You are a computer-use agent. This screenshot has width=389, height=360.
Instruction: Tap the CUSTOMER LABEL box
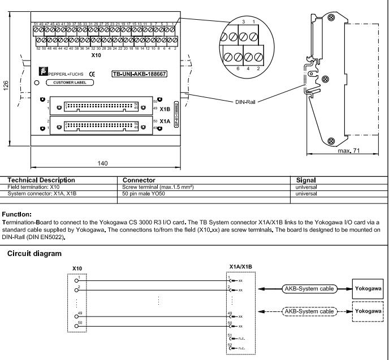(x=70, y=82)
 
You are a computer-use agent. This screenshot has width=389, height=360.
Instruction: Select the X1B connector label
(x=165, y=110)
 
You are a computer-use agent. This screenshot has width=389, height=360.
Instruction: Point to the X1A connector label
(x=165, y=121)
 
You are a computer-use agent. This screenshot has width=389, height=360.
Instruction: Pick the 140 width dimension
(x=102, y=164)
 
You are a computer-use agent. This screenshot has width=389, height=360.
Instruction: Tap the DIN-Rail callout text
(x=247, y=102)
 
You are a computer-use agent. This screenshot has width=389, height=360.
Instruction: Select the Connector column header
(x=142, y=180)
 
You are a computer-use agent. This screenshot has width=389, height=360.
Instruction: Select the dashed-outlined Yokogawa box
(x=368, y=311)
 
